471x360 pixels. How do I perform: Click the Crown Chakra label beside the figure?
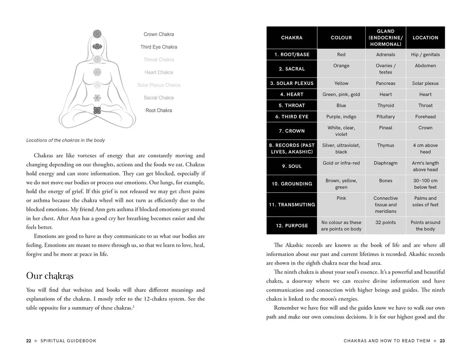point(159,34)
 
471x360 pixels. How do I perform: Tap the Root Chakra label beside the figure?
point(159,110)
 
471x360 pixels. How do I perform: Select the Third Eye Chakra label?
point(159,47)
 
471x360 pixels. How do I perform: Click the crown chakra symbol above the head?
point(97,33)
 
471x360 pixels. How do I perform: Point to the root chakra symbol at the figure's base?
point(97,110)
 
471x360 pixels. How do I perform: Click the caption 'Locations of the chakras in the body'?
point(66,140)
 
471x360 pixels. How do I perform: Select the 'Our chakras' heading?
point(50,276)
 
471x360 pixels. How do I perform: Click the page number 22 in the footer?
point(28,341)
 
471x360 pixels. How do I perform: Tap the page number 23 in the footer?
point(442,341)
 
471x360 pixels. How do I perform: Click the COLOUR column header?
point(341,38)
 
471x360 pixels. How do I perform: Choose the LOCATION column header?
point(425,38)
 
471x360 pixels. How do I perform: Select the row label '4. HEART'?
point(292,95)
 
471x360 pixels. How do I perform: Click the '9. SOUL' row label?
point(292,166)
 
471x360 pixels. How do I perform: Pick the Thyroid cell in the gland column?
point(385,106)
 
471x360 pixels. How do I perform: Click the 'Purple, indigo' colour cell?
point(341,117)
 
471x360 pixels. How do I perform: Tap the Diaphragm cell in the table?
point(385,163)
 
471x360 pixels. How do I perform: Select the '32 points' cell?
point(385,223)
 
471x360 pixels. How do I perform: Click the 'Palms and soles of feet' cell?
point(425,201)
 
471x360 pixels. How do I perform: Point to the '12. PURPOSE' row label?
point(292,226)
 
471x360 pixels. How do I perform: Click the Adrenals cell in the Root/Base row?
point(385,55)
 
